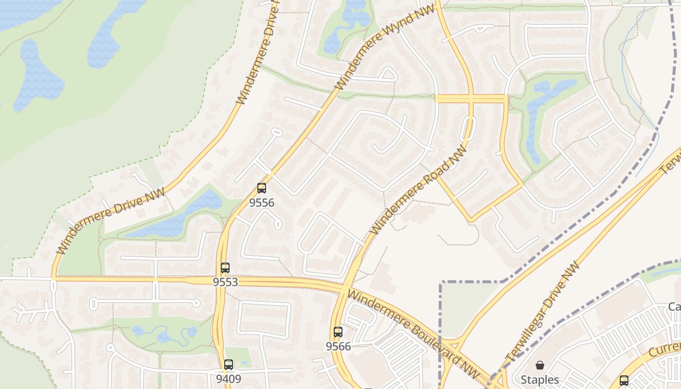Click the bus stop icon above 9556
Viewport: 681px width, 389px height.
click(262, 188)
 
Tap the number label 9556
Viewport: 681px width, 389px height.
click(262, 202)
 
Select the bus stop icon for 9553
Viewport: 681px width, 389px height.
click(225, 267)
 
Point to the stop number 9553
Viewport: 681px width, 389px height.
click(225, 282)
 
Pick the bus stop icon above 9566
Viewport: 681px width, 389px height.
click(338, 332)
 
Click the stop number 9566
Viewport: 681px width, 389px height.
click(338, 346)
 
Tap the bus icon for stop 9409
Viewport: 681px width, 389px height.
click(229, 364)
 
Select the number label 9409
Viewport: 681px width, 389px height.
click(229, 378)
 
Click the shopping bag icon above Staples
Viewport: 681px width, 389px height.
click(540, 365)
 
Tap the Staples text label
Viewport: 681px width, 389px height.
click(540, 379)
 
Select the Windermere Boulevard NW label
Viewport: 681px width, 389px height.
click(413, 336)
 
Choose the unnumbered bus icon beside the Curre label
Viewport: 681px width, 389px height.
click(624, 380)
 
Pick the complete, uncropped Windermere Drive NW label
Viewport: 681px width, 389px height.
click(111, 222)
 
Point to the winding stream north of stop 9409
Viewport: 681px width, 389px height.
click(165, 335)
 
